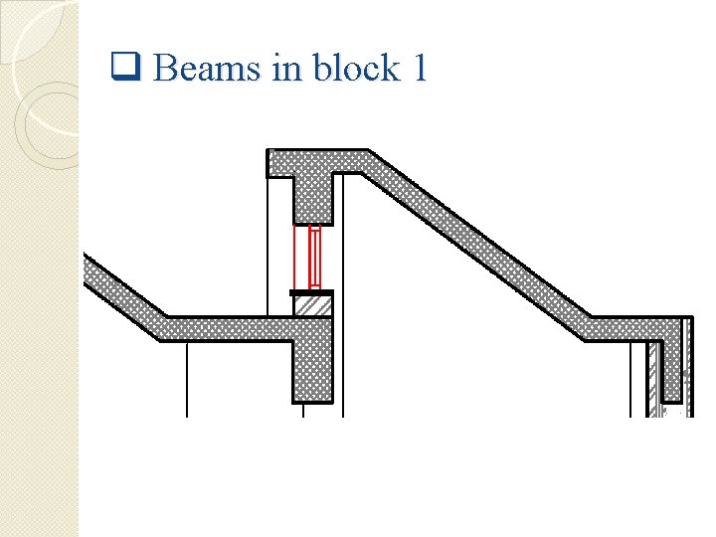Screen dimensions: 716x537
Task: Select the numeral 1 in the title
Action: coord(419,69)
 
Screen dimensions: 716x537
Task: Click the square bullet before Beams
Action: coord(125,69)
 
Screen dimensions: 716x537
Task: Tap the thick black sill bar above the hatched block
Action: coord(311,292)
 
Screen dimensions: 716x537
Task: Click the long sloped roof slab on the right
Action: coord(477,244)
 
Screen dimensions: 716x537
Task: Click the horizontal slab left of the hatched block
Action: coord(224,328)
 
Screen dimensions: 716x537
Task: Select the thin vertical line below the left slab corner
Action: coord(187,379)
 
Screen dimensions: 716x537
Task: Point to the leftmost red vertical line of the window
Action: coord(294,257)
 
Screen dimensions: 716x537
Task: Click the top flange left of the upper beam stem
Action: coord(280,162)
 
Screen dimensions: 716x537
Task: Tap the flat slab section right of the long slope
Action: coord(636,328)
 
